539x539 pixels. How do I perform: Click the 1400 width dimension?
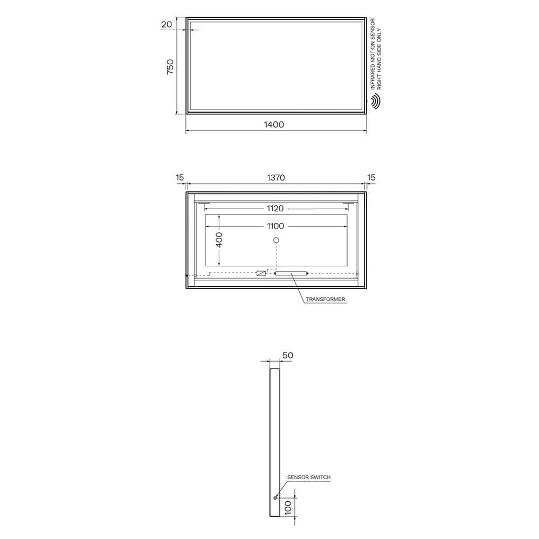[274, 125]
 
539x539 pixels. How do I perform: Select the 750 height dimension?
[170, 67]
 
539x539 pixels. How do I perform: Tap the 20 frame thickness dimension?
[167, 24]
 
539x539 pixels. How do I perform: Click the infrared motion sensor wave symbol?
[375, 101]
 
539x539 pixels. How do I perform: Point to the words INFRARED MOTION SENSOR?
[372, 54]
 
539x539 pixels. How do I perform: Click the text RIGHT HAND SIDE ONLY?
[379, 59]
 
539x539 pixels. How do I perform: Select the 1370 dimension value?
[275, 177]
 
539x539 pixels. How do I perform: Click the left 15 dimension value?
[180, 177]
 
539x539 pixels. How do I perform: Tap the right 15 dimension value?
[371, 177]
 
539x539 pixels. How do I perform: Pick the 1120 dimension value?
[275, 208]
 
